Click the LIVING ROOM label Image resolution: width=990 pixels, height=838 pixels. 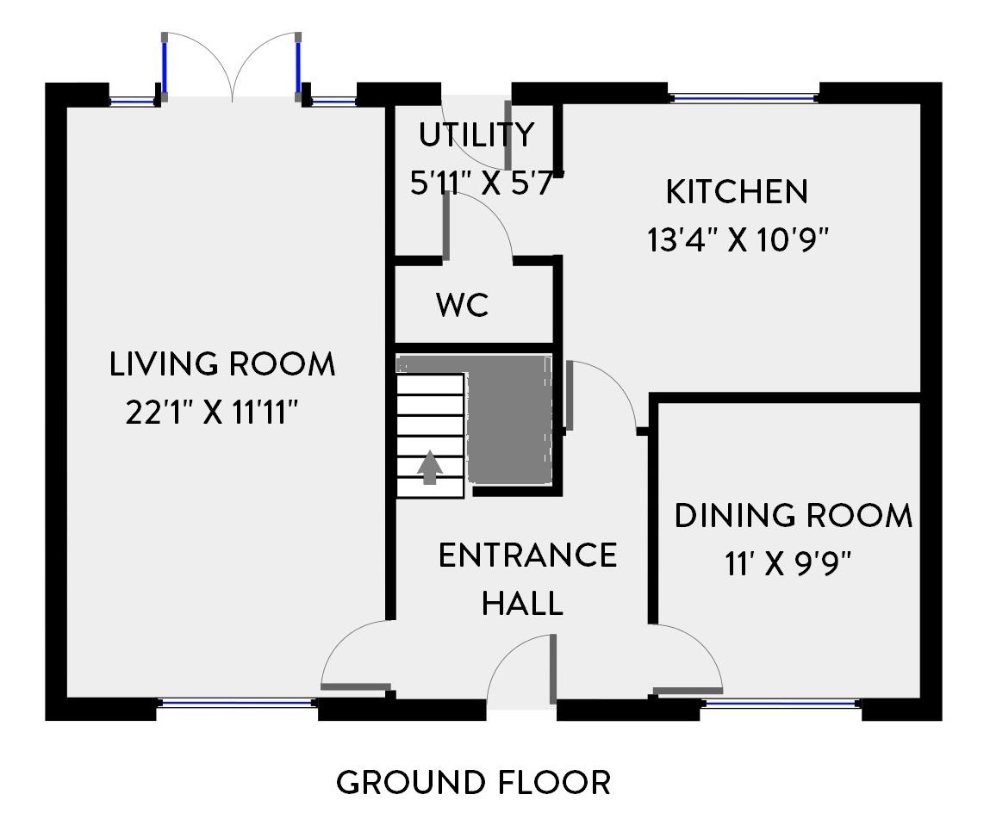(222, 364)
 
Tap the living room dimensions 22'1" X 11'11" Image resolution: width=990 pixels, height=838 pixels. (211, 413)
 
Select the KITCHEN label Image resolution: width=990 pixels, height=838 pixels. (737, 192)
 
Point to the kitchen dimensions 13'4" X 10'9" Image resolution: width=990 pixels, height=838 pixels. (738, 239)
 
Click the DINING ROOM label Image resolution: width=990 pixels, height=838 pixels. (794, 516)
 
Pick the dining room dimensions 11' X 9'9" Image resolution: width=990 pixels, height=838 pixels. (788, 563)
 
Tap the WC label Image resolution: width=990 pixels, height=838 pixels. (462, 305)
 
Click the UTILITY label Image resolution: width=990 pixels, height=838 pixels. (476, 134)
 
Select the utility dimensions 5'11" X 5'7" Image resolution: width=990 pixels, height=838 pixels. (486, 183)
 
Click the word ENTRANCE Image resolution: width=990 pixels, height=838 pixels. (528, 556)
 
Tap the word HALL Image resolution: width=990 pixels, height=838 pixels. (523, 603)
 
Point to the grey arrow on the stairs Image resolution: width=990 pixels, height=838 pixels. (430, 467)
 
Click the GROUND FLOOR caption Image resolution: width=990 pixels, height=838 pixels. (474, 783)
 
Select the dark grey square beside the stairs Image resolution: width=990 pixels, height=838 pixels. (509, 420)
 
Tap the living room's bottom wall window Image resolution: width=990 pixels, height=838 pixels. (237, 702)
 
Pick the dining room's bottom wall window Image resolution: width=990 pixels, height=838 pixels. (781, 702)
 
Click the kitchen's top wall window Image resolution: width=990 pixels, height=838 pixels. (743, 98)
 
